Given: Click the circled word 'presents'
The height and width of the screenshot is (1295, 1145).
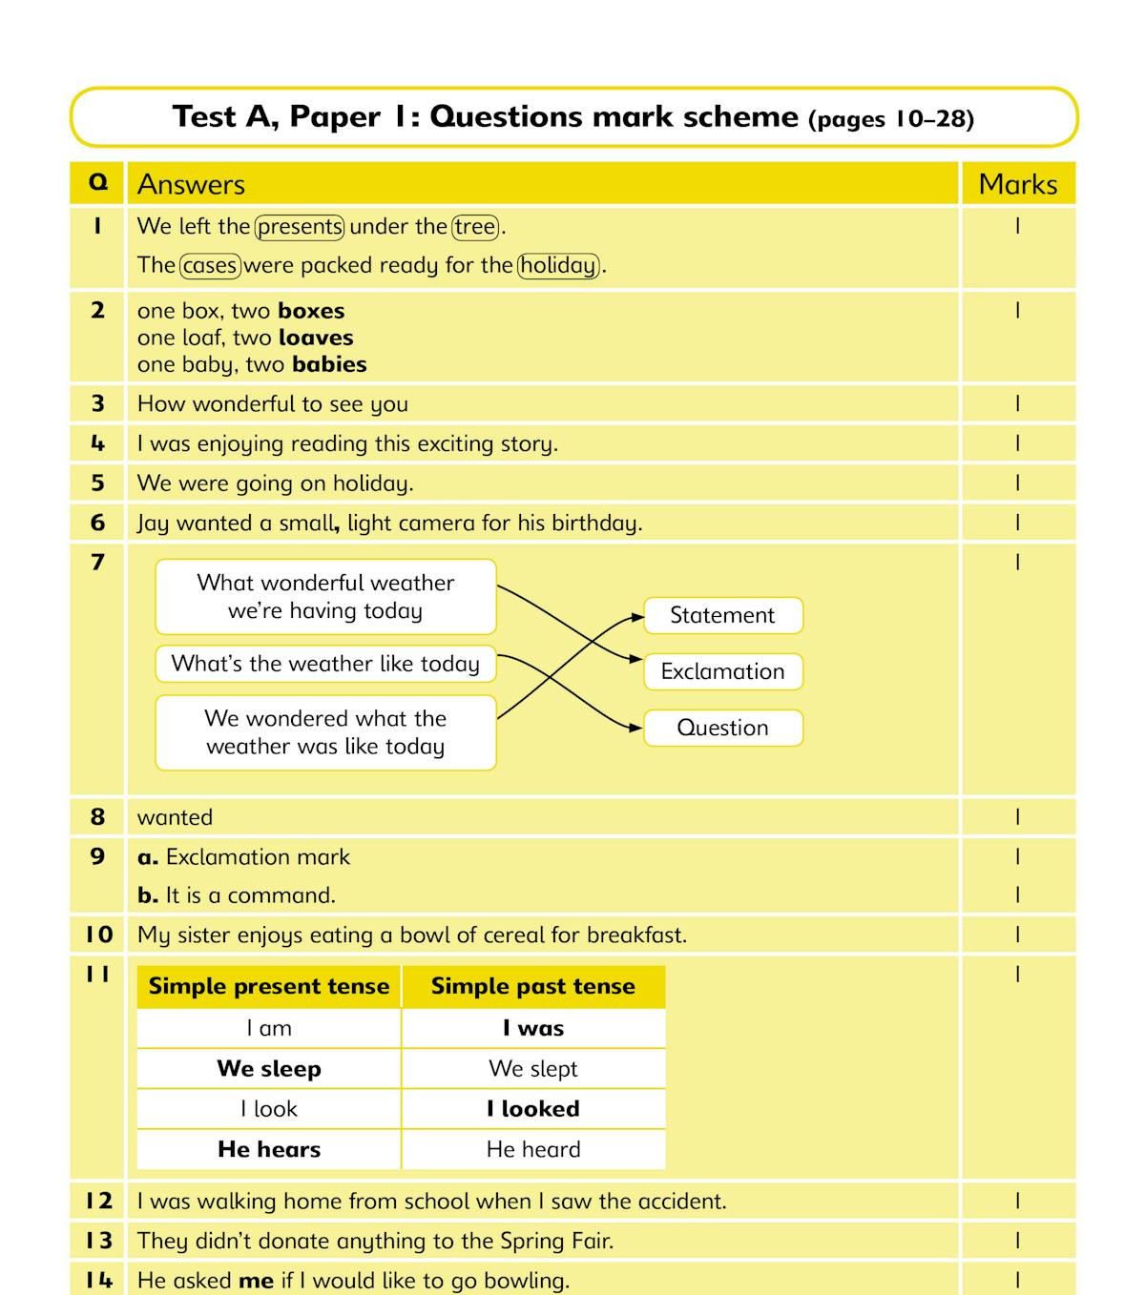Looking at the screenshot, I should coord(300,227).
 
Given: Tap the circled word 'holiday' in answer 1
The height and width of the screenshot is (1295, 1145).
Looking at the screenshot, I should coord(559,265).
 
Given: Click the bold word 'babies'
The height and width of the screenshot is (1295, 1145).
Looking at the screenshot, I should coord(329,364).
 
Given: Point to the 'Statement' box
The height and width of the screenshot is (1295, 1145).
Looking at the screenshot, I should coord(722,616).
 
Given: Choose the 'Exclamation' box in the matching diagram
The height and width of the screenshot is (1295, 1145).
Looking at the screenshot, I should coord(722,671).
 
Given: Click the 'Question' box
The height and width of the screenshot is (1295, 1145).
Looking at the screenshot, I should coord(722,728).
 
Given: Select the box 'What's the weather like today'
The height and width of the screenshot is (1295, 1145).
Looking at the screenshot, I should coord(325,664).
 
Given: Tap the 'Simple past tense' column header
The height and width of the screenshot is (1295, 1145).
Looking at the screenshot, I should coord(532,986).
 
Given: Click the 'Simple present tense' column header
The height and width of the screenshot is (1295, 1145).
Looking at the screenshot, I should coord(269,986).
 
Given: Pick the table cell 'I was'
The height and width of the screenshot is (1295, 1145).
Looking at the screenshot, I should coord(532,1028).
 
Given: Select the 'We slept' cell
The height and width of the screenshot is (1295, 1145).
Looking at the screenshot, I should coord(532,1069).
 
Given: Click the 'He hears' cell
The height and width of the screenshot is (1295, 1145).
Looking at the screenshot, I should coord(269,1149).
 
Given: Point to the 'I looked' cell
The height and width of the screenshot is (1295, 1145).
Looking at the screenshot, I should coord(532,1109).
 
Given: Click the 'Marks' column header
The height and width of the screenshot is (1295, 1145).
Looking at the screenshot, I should coord(1017,184).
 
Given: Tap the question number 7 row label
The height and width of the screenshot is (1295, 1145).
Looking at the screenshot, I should coord(97,563).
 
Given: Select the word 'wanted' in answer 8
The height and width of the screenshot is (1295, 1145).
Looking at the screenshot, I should coord(175,817).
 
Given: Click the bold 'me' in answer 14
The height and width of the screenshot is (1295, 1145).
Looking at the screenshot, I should coord(256,1281).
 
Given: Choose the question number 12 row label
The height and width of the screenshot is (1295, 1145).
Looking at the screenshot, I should coord(98,1202).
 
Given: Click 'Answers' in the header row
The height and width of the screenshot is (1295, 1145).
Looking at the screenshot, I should coord(191,184).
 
